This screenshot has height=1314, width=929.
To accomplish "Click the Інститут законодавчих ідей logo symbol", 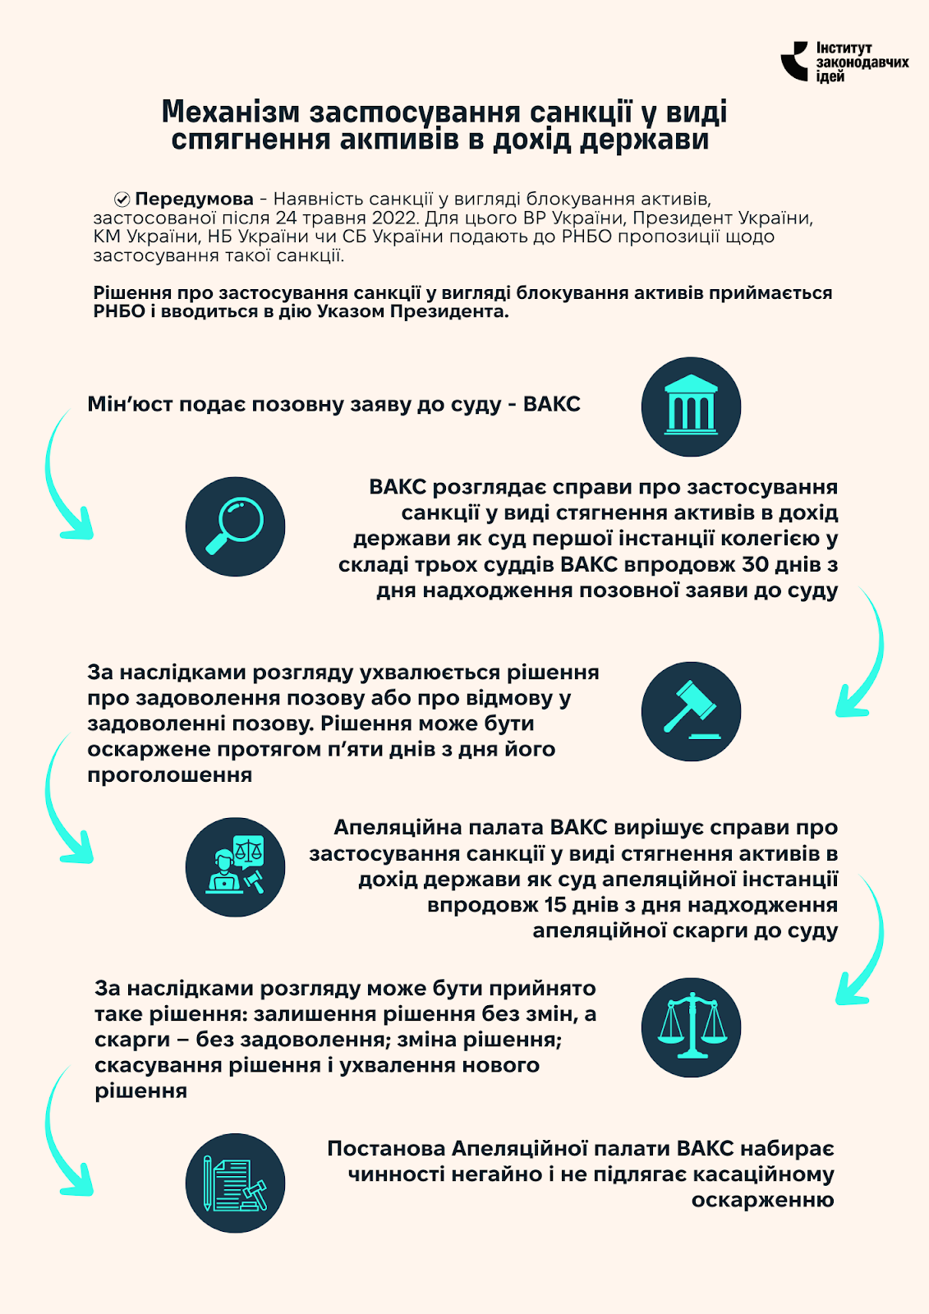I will tap(794, 62).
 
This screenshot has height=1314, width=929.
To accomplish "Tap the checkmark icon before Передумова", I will tap(122, 200).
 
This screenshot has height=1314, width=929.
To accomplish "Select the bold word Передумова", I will tap(194, 200).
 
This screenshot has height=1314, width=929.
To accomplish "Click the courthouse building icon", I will tap(691, 407).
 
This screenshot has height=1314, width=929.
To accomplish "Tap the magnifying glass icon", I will tap(235, 526).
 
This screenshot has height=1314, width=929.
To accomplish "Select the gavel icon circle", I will tap(691, 711).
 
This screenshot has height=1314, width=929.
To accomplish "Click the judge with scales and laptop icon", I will tap(235, 867).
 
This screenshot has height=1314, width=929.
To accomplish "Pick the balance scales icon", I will tap(691, 1027).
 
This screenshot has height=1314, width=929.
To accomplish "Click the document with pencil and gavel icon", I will tap(235, 1183).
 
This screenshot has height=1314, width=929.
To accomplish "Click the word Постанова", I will tap(385, 1149).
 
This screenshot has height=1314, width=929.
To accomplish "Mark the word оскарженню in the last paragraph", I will tap(762, 1201).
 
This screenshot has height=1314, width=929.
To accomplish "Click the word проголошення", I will tap(169, 775).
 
